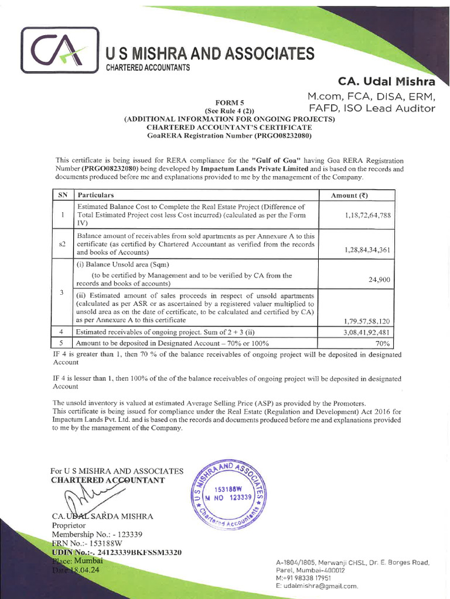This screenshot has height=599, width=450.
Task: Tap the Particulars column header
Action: (95, 195)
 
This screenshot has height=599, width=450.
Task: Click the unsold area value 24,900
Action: (379, 280)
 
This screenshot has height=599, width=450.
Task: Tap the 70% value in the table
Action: (383, 343)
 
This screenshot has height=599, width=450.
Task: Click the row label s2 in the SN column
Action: (62, 244)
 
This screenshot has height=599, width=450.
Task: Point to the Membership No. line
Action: (96, 535)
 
